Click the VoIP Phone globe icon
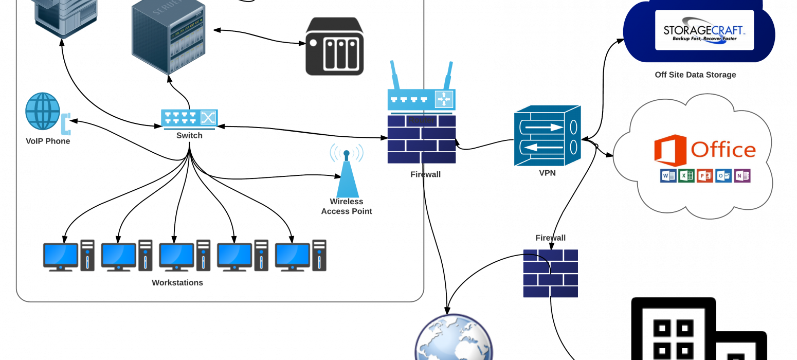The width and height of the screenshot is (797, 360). (x=43, y=111)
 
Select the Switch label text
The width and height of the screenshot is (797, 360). (x=189, y=136)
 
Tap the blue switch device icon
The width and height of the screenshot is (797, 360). (x=189, y=118)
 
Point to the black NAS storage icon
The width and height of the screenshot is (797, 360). (x=335, y=47)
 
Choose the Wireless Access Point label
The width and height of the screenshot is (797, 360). (x=347, y=206)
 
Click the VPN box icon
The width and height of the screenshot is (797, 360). (x=547, y=135)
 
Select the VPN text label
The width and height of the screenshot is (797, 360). (x=547, y=173)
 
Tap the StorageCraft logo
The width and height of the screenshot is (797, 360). (x=704, y=30)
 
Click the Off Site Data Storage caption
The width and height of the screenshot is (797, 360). (x=695, y=75)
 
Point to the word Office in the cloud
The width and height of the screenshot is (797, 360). (x=723, y=150)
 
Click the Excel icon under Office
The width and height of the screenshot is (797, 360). (x=686, y=175)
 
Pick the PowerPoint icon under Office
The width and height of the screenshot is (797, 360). (x=705, y=175)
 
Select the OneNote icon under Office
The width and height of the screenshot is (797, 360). (x=742, y=175)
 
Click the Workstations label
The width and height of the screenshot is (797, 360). (x=177, y=283)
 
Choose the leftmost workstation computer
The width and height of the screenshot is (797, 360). (x=68, y=256)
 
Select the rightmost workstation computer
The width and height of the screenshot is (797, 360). (x=300, y=256)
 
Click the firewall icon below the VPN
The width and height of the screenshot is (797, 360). (x=550, y=274)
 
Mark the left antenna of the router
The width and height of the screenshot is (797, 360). (x=395, y=75)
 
